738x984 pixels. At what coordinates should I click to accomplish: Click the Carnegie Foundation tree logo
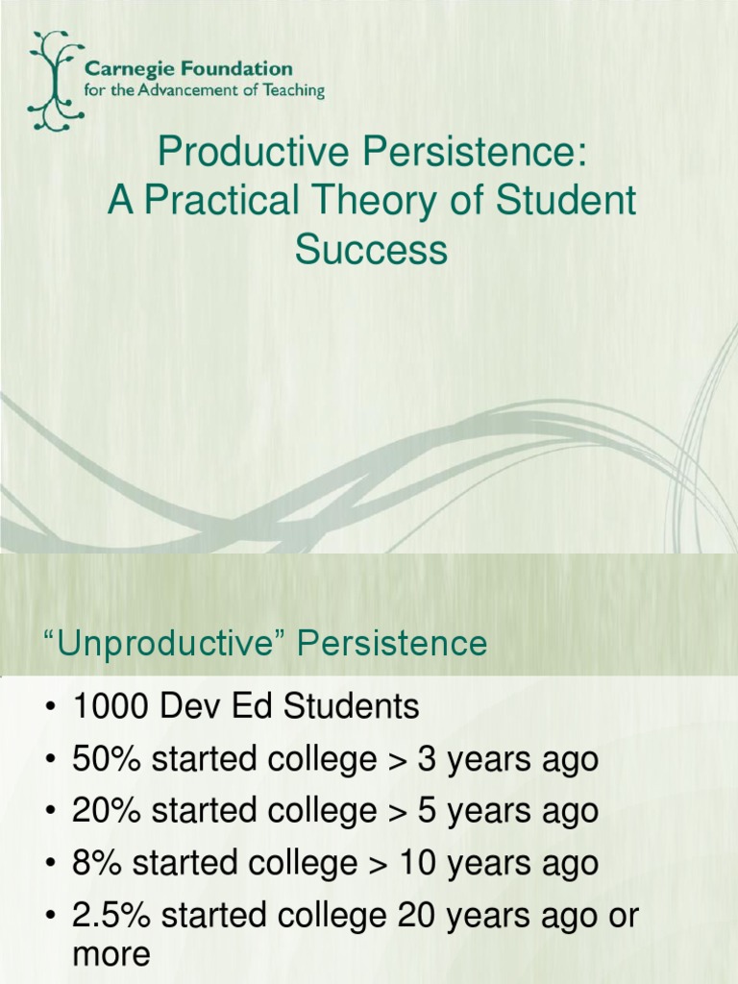(53, 81)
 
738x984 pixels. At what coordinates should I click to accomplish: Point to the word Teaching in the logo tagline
(292, 91)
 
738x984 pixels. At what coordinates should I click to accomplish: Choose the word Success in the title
(371, 249)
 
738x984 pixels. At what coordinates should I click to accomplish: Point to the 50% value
(99, 759)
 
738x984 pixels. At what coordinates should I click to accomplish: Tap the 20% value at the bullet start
(99, 810)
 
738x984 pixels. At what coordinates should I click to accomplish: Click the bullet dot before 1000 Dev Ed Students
(49, 709)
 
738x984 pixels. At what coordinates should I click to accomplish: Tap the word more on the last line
(111, 954)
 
